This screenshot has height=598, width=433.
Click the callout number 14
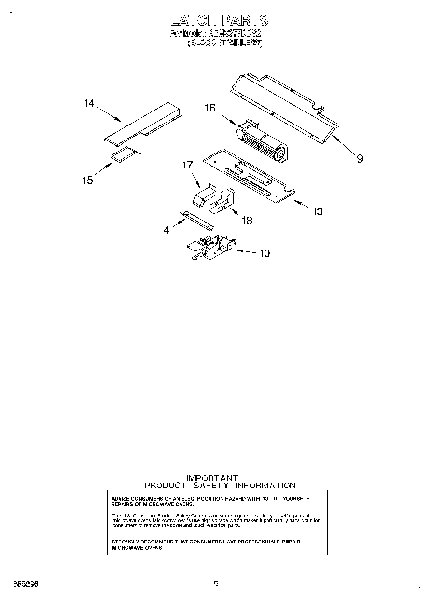point(89,103)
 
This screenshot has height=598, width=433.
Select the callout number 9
point(360,158)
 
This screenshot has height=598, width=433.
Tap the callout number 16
point(210,108)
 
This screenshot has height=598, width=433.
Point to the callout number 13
point(317,211)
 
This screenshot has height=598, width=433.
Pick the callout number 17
point(187,165)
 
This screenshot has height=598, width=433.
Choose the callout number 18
point(246,221)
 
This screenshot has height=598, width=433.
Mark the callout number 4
point(167,231)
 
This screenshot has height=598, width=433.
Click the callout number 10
point(265,253)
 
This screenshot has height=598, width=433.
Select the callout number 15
point(87,180)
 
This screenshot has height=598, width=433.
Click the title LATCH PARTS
point(219,20)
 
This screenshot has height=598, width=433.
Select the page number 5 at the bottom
point(216,584)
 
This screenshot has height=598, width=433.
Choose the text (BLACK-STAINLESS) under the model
point(224,43)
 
